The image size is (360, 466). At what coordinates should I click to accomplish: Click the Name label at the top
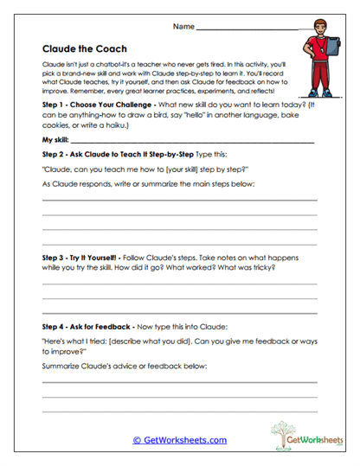pos(183,28)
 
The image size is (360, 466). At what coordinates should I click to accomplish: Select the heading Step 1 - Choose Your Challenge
pos(96,104)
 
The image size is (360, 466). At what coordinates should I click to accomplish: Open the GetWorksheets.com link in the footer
pos(184,440)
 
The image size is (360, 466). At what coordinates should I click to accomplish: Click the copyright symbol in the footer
pos(137,440)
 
